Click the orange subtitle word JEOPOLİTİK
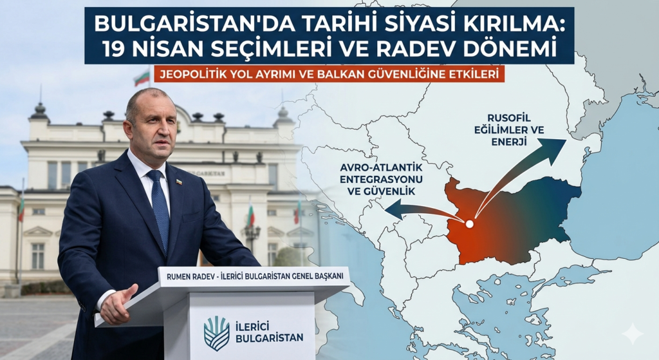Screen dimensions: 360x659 pyautogui.click(x=192, y=75)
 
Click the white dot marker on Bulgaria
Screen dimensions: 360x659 pyautogui.click(x=470, y=223)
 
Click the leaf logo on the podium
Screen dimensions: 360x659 pyautogui.click(x=216, y=332)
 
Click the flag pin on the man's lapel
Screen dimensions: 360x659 pyautogui.click(x=179, y=182)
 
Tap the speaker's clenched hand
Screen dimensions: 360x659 pyautogui.click(x=118, y=305)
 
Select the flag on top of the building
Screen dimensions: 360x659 pyautogui.click(x=141, y=79)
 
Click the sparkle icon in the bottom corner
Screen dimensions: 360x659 pyautogui.click(x=632, y=334)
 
